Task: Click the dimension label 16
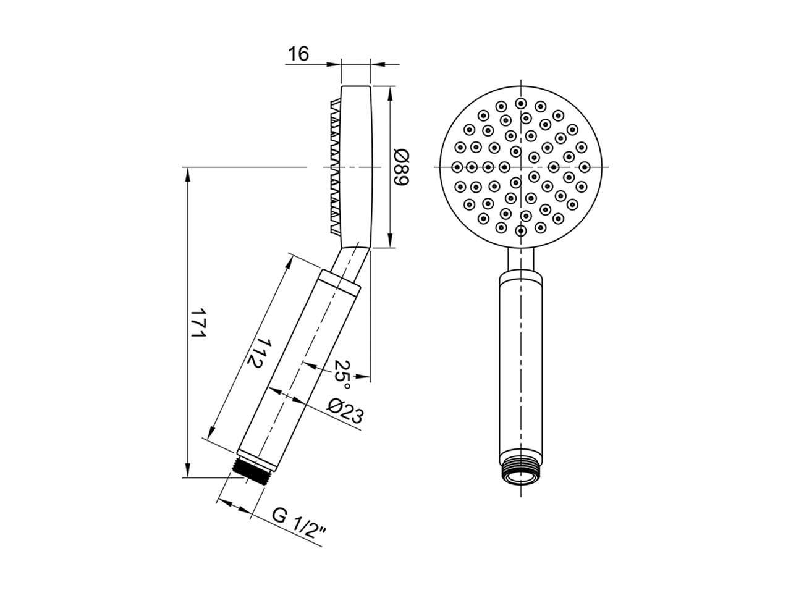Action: [297, 54]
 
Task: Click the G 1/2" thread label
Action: [300, 524]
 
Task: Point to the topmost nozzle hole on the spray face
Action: [522, 102]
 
